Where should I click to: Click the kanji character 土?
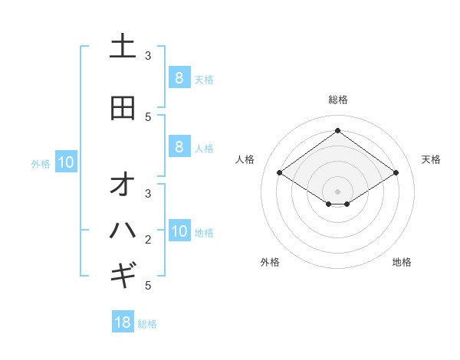pos(123,47)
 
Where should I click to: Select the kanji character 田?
pos(123,108)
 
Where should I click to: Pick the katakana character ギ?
pos(123,273)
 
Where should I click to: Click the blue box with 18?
pos(123,322)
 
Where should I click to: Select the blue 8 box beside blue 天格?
pos(179,77)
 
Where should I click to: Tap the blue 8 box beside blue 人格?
pos(179,146)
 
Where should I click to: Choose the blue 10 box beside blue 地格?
pos(179,231)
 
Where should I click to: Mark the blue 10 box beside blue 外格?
pos(65,162)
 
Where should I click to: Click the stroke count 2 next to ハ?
pos(148,240)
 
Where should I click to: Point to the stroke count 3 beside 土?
pos(148,55)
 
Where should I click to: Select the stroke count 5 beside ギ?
pos(148,285)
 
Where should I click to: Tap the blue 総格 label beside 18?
pos(147,324)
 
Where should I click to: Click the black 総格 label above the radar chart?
pos(338,100)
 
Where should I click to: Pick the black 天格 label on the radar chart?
pos(432,159)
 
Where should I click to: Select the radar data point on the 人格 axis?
pos(280,173)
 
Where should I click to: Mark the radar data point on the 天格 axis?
pos(396,173)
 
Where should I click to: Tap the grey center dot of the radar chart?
pos(338,191)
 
